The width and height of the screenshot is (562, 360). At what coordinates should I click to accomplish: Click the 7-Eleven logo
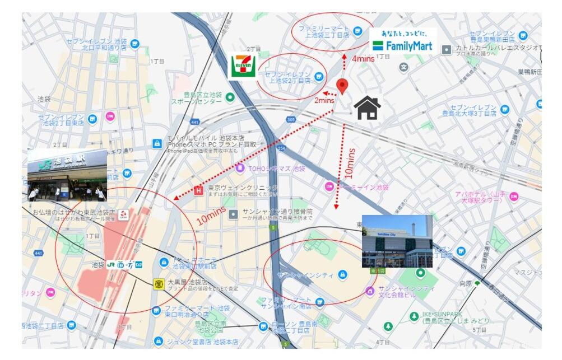coord(243,65)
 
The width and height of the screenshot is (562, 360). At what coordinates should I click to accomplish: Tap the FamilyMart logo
coord(403,40)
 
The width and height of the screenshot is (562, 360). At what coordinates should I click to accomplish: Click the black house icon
coord(368,107)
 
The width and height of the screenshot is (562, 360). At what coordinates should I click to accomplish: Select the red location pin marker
coord(342,86)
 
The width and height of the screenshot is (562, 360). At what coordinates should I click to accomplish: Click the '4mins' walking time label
coord(363,58)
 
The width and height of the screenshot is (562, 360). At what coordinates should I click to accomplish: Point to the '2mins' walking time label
coord(324,101)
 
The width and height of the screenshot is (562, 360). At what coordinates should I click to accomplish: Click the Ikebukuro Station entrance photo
coord(67,175)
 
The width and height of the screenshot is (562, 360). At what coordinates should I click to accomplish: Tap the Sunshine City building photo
coord(397,241)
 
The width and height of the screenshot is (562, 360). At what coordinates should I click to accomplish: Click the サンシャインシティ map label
coord(305,274)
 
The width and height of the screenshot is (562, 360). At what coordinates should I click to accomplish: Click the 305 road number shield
coord(290,119)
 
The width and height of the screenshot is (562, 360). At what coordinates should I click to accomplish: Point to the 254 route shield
coord(281,147)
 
